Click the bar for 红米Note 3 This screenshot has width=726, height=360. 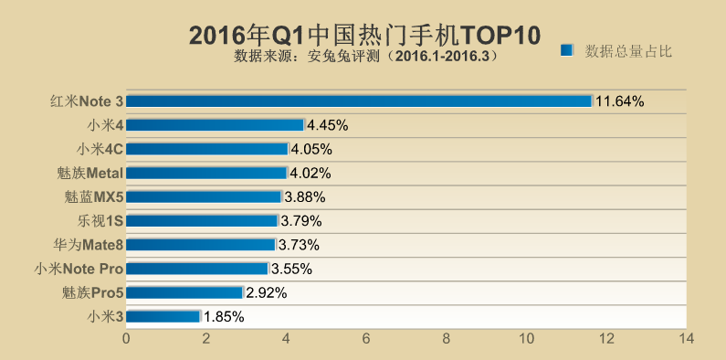tap(359, 101)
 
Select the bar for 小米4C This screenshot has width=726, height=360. tap(206, 149)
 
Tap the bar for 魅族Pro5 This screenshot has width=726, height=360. tap(184, 292)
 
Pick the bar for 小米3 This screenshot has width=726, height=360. tap(163, 316)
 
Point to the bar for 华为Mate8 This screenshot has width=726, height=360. tap(200, 245)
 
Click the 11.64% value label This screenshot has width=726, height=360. tap(620, 101)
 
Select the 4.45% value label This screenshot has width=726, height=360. tap(328, 125)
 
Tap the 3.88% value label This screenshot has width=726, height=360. tap(305, 196)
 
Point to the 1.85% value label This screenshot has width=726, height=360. tap(224, 316)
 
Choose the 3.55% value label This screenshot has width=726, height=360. tap(292, 269)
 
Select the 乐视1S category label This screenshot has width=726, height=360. tap(100, 220)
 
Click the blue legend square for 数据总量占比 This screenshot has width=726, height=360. tap(566, 50)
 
